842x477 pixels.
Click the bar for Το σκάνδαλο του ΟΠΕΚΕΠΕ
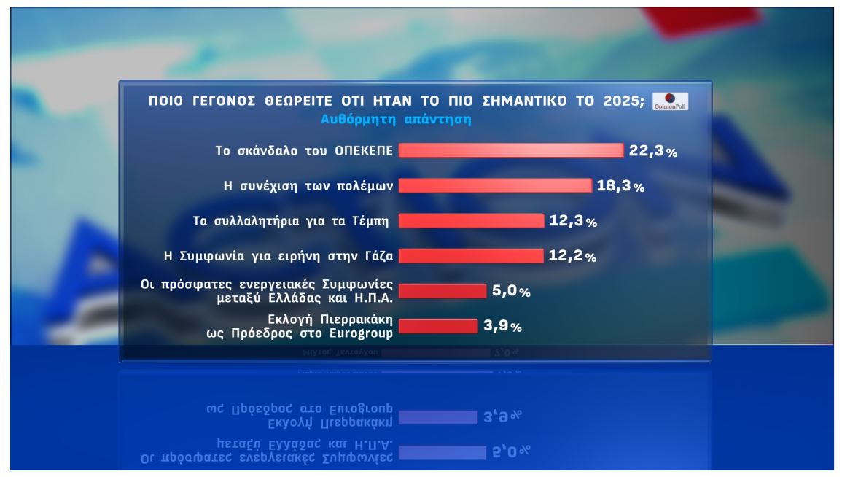510,150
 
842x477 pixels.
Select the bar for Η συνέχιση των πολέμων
495,185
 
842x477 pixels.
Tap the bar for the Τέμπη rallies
471,220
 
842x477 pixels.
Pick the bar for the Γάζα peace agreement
471,255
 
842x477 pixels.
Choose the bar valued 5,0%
443,290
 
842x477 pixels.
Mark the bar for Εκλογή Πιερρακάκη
437,326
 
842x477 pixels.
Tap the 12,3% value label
573,221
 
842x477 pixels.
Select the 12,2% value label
572,256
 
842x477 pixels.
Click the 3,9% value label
502,327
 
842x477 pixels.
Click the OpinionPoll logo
670,101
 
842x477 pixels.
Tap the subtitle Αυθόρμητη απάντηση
396,120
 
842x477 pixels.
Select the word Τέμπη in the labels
370,221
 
